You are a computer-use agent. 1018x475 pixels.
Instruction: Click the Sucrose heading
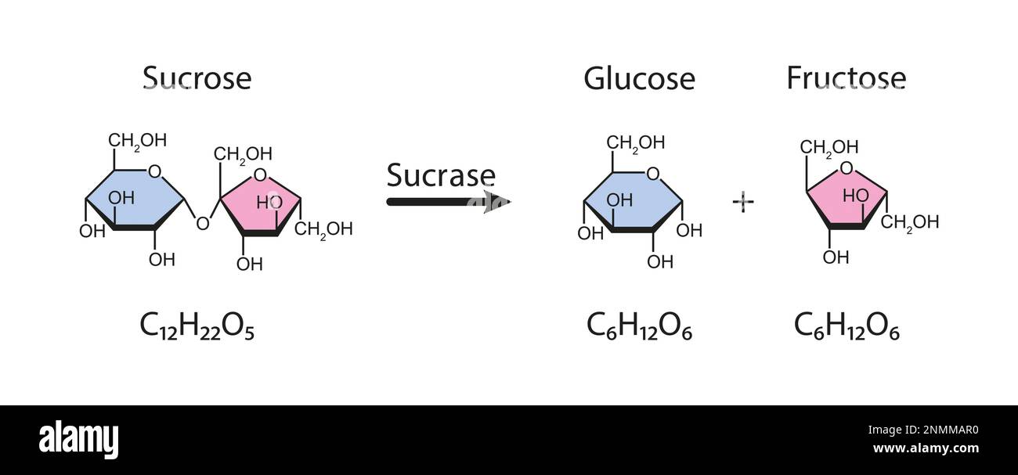click(x=197, y=78)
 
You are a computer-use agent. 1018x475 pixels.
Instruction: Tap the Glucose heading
click(x=639, y=78)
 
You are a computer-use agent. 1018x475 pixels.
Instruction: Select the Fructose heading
click(x=846, y=78)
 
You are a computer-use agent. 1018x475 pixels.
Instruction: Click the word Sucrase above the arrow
click(x=441, y=175)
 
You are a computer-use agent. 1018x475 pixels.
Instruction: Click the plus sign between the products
click(x=742, y=202)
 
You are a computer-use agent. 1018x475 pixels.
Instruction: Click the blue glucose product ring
click(x=633, y=201)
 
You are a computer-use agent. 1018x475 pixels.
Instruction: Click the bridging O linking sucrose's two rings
click(x=203, y=225)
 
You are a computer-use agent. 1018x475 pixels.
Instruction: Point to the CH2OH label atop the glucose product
click(x=636, y=142)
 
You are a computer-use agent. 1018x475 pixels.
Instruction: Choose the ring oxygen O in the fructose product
click(x=846, y=167)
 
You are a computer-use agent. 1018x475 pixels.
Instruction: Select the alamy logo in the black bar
click(x=78, y=440)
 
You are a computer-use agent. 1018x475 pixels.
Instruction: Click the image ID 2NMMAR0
click(x=935, y=429)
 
